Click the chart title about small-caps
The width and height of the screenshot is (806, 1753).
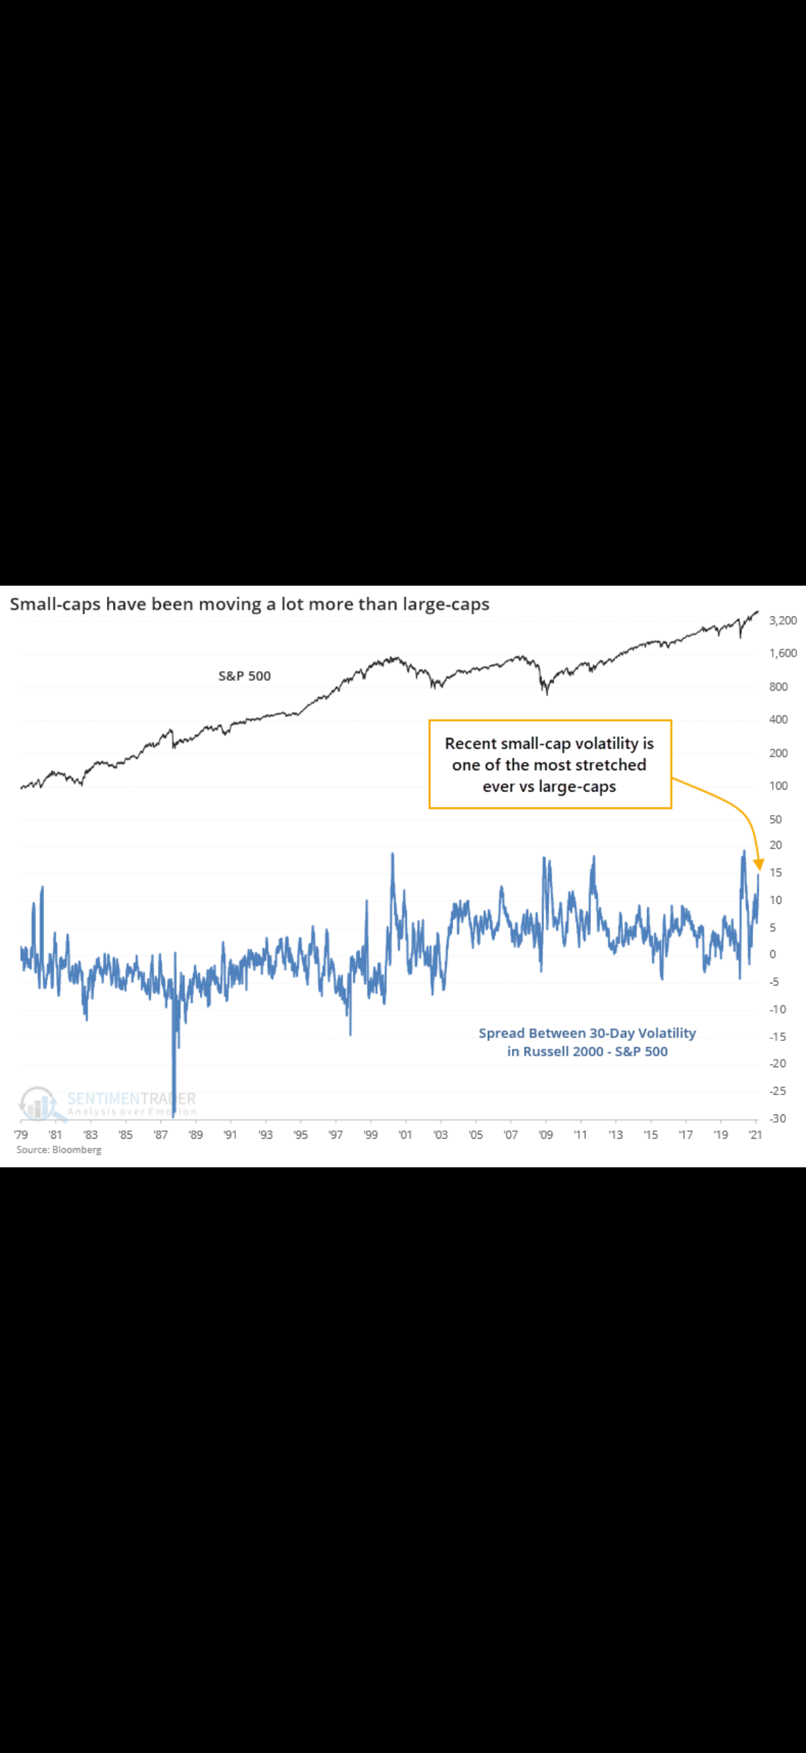249,604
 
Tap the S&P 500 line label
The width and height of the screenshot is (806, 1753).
244,676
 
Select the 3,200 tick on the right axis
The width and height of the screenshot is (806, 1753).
782,620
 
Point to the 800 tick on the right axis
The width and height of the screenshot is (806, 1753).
778,687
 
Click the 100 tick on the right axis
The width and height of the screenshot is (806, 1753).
778,786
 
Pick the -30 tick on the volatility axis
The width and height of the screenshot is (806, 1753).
777,1118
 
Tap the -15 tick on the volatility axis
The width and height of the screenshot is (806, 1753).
777,1036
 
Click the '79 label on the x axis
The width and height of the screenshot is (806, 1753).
21,1135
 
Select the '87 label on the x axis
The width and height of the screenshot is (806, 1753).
160,1135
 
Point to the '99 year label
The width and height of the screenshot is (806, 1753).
370,1135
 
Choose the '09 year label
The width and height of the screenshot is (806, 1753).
545,1135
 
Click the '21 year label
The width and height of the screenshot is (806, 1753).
755,1135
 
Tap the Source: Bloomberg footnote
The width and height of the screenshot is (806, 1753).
59,1149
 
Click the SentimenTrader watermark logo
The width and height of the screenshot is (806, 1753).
38,1102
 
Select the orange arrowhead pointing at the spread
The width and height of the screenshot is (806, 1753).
759,866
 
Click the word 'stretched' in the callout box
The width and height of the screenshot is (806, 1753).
610,765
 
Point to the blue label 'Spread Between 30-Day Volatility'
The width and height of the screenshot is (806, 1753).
587,1033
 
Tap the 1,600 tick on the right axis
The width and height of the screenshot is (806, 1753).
782,653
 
